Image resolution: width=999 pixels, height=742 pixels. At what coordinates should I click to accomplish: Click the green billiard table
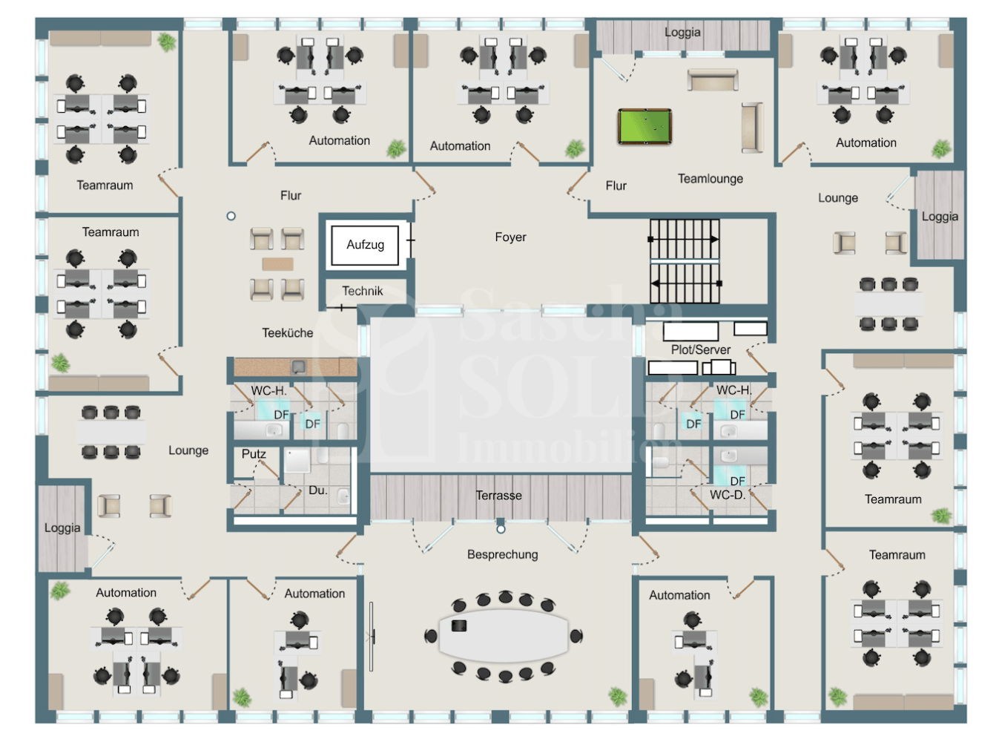pyautogui.click(x=644, y=126)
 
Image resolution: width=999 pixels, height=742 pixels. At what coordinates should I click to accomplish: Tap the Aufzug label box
pyautogui.click(x=365, y=245)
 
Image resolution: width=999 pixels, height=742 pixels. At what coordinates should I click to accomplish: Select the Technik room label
pyautogui.click(x=362, y=291)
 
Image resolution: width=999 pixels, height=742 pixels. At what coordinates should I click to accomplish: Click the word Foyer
pyautogui.click(x=510, y=237)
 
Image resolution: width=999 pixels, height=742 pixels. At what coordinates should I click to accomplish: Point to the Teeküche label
pyautogui.click(x=287, y=332)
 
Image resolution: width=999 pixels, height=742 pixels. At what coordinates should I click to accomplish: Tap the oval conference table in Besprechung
pyautogui.click(x=504, y=636)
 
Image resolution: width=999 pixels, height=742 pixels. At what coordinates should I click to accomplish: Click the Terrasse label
pyautogui.click(x=498, y=495)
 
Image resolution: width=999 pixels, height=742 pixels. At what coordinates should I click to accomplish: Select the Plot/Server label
pyautogui.click(x=700, y=349)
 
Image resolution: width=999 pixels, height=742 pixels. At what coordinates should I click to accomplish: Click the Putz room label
pyautogui.click(x=254, y=453)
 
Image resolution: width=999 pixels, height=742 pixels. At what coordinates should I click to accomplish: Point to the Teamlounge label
pyautogui.click(x=710, y=179)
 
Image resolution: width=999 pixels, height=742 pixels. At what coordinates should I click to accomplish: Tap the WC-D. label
pyautogui.click(x=728, y=494)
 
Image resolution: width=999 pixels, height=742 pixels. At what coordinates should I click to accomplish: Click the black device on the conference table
pyautogui.click(x=459, y=626)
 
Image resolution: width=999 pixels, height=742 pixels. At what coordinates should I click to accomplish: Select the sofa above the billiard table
pyautogui.click(x=713, y=80)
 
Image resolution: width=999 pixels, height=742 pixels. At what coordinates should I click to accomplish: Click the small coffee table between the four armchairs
pyautogui.click(x=278, y=264)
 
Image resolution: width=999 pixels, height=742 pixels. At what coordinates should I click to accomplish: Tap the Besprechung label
pyautogui.click(x=502, y=554)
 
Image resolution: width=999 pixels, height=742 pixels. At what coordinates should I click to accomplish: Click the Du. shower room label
pyautogui.click(x=318, y=490)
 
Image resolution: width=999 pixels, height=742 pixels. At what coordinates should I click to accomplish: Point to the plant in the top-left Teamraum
pyautogui.click(x=167, y=42)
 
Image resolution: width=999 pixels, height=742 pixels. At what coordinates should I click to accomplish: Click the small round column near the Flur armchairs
pyautogui.click(x=231, y=216)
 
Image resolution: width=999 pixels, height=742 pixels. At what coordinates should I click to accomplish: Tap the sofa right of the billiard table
pyautogui.click(x=752, y=128)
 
